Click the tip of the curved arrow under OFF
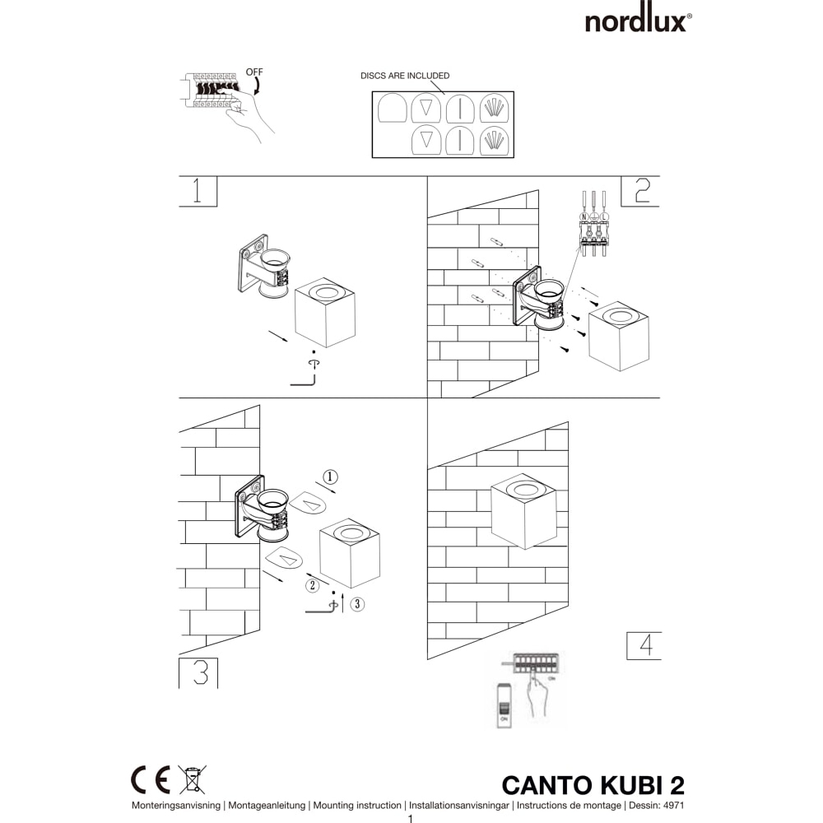pos(255,95)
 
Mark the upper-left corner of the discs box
pos(372,91)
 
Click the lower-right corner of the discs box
pos(514,157)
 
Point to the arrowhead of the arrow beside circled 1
pos(334,492)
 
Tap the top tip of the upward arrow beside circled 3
pos(342,595)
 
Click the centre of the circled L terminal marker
pos(604,216)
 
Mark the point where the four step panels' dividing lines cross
pos(427,398)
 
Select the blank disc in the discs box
pos(393,109)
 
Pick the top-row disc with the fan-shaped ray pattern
pos(494,109)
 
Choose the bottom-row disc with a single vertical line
pos(460,141)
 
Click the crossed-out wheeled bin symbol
pos(192,779)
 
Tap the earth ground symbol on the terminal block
pos(593,216)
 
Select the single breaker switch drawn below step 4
pos(504,706)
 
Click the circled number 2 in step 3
pos(312,585)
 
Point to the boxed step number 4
pos(644,645)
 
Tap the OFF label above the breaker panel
pos(254,72)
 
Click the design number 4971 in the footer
pos(674,805)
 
